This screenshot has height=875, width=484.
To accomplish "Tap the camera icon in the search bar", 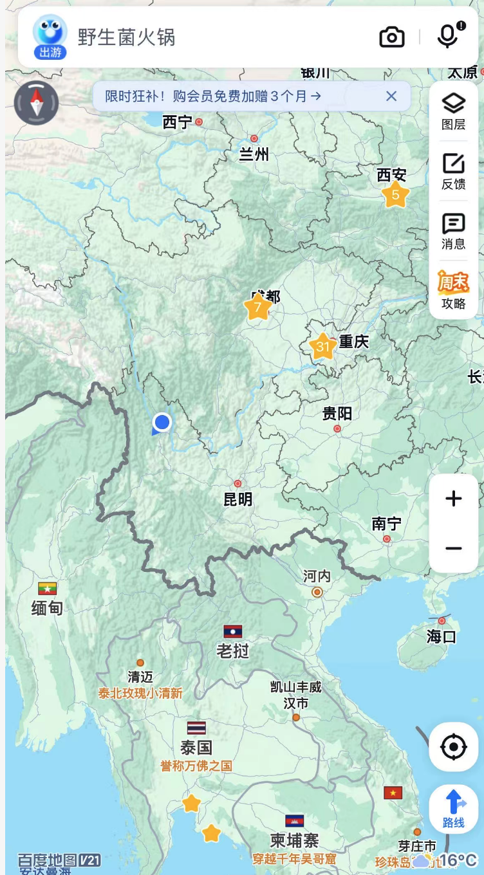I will pyautogui.click(x=391, y=37).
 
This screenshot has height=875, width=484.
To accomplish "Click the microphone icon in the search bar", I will pyautogui.click(x=447, y=36).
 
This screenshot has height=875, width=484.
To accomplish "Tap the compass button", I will pyautogui.click(x=37, y=103).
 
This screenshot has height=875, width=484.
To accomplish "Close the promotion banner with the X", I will pyautogui.click(x=391, y=97).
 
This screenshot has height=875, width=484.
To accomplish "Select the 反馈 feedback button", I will pyautogui.click(x=454, y=171).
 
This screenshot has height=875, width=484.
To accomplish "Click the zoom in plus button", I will pyautogui.click(x=454, y=499).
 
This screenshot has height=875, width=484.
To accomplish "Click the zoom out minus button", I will pyautogui.click(x=454, y=548).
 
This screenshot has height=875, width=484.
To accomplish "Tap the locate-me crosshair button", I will pyautogui.click(x=454, y=747).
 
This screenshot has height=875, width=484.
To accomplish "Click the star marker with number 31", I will pyautogui.click(x=322, y=347).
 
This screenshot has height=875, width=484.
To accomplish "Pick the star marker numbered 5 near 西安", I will pyautogui.click(x=395, y=194).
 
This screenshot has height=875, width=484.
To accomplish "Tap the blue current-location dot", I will pyautogui.click(x=162, y=423).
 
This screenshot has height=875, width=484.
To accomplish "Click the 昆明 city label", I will pyautogui.click(x=238, y=499).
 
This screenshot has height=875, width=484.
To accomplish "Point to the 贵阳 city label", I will pyautogui.click(x=337, y=413).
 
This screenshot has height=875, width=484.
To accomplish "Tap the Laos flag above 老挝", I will pyautogui.click(x=233, y=631).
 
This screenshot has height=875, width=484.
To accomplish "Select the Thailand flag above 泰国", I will pyautogui.click(x=196, y=728).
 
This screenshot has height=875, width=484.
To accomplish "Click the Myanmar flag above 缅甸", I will pyautogui.click(x=48, y=588).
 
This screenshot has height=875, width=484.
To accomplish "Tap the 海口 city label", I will pyautogui.click(x=442, y=636).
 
